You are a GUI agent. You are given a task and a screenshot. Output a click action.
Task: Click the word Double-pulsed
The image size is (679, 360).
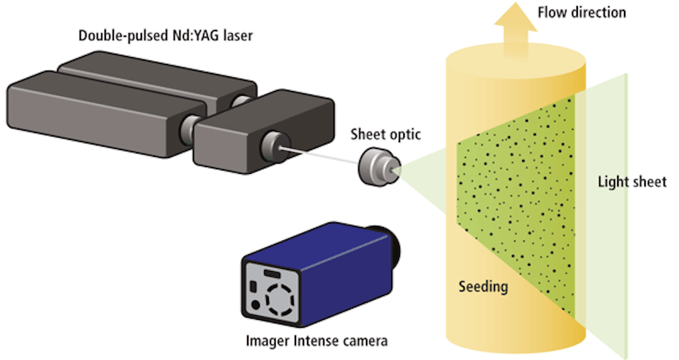[114, 35]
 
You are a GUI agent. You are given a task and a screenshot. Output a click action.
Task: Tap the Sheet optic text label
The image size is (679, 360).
[385, 134]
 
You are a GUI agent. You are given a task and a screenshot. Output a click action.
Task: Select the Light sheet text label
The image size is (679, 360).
[632, 183]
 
